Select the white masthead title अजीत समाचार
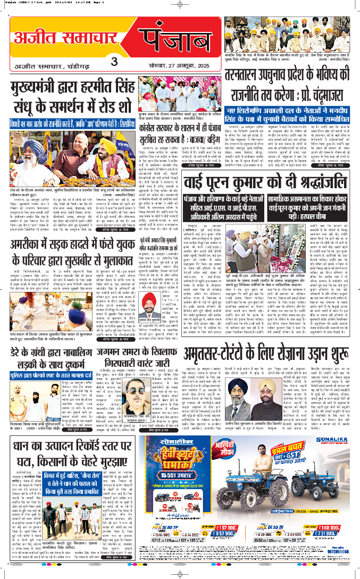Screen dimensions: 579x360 [69, 38]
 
